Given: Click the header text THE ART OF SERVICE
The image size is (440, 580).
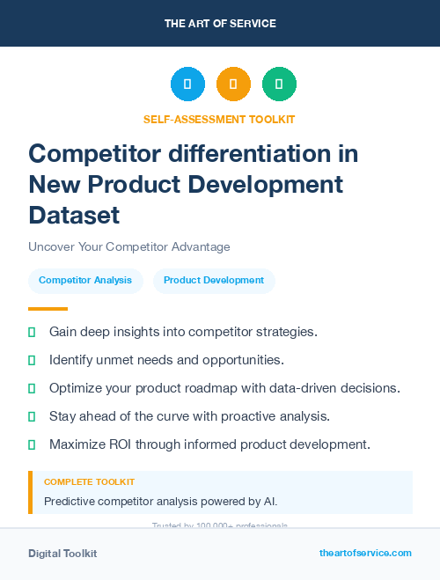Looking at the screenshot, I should [220, 23].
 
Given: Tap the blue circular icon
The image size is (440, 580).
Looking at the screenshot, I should [187, 84].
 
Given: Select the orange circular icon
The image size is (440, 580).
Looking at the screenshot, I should [233, 84].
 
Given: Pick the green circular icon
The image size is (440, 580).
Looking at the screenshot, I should [279, 84].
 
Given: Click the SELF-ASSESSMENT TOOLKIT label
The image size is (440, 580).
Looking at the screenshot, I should [219, 119].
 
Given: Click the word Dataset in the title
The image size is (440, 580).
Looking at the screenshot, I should [74, 214].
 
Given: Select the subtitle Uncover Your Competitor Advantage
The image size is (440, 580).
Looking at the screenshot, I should [128, 247].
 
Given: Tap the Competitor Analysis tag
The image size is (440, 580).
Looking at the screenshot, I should [85, 281].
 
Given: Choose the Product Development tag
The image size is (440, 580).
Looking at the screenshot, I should [214, 281].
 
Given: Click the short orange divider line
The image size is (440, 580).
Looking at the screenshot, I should [48, 309].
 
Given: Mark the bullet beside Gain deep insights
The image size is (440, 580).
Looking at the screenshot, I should [33, 332].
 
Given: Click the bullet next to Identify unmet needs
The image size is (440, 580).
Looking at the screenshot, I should [33, 360].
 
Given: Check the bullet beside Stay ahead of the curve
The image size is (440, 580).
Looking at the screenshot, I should [33, 416].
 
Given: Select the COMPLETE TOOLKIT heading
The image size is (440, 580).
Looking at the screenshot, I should [89, 482].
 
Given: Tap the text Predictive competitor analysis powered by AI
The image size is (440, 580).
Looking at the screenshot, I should [160, 502].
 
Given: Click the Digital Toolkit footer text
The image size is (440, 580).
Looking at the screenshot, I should [62, 554].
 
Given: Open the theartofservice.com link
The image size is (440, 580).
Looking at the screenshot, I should [365, 553].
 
